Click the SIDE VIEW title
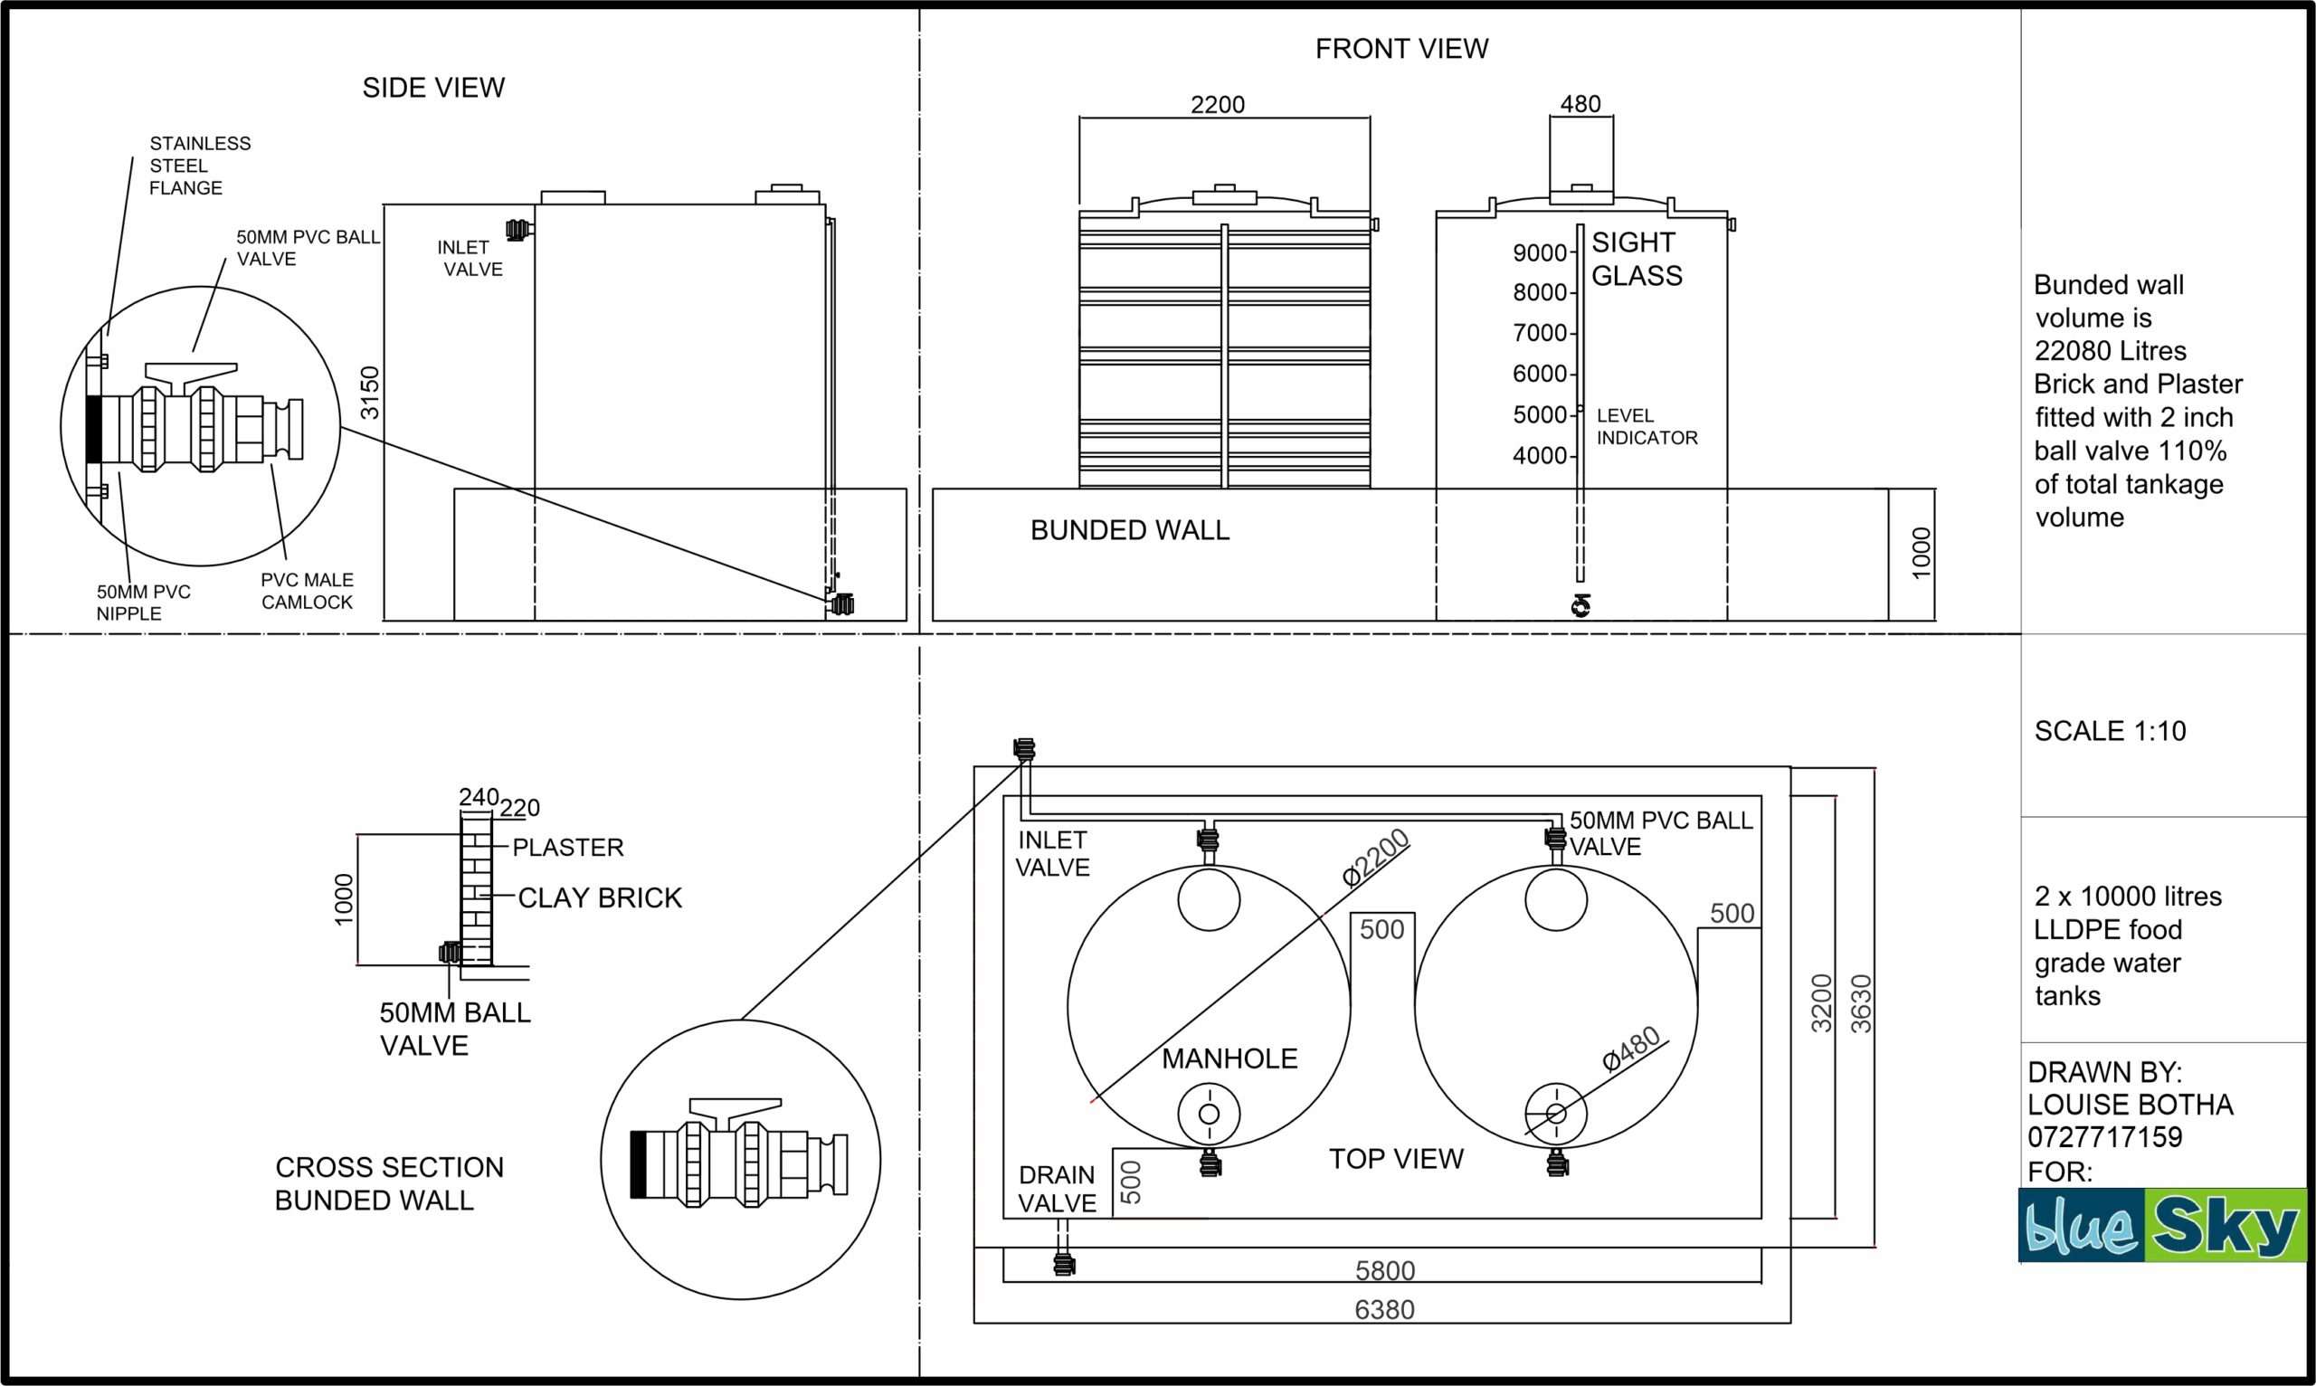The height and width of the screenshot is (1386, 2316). tap(433, 88)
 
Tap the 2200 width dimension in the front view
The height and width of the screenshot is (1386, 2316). tap(1217, 105)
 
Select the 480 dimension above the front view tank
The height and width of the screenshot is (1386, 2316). tap(1580, 105)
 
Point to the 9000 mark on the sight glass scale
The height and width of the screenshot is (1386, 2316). tap(1539, 253)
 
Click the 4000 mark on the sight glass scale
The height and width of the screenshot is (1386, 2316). tap(1539, 456)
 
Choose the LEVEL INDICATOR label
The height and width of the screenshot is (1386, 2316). tap(1646, 427)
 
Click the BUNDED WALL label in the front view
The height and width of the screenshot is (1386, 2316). tap(1129, 530)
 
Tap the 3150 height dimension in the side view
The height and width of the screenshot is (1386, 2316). tap(371, 393)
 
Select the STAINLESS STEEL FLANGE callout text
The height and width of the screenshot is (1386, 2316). tap(199, 166)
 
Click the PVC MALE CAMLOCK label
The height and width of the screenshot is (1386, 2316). tap(307, 591)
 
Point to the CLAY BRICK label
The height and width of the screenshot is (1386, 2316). tap(600, 897)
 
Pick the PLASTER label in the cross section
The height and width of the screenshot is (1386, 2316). tap(567, 847)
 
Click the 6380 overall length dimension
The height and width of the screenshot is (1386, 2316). tap(1384, 1309)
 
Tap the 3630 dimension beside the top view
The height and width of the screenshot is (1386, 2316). tap(1861, 1004)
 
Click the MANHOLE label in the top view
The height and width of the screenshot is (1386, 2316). tap(1229, 1058)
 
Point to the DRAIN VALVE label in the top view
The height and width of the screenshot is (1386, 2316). tap(1056, 1189)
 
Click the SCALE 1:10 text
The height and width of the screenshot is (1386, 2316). tap(2110, 730)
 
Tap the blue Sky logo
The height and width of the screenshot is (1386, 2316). tap(2161, 1225)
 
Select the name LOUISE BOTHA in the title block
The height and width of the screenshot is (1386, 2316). tap(2130, 1105)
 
